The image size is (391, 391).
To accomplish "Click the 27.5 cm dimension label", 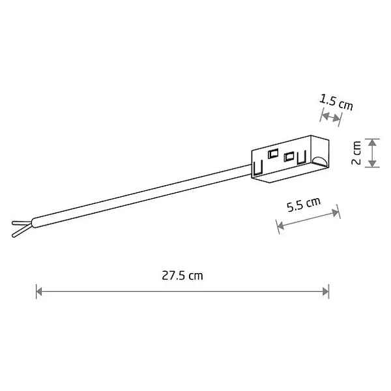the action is pyautogui.click(x=182, y=276).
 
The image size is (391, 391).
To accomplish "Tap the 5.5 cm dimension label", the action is pyautogui.click(x=304, y=205).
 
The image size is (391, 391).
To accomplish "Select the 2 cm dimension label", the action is pyautogui.click(x=356, y=152).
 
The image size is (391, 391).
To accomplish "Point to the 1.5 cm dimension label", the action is pyautogui.click(x=336, y=102).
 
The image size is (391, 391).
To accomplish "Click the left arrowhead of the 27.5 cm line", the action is pyautogui.click(x=38, y=291).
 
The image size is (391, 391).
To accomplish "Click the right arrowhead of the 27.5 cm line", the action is pyautogui.click(x=326, y=291).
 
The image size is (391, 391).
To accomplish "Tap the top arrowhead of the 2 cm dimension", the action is pyautogui.click(x=372, y=142).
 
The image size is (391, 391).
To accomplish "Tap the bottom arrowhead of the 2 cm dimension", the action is pyautogui.click(x=372, y=164).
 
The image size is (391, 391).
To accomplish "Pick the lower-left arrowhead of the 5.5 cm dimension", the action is pyautogui.click(x=280, y=225).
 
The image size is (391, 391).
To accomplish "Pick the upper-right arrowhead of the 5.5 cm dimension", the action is pyautogui.click(x=336, y=212).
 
